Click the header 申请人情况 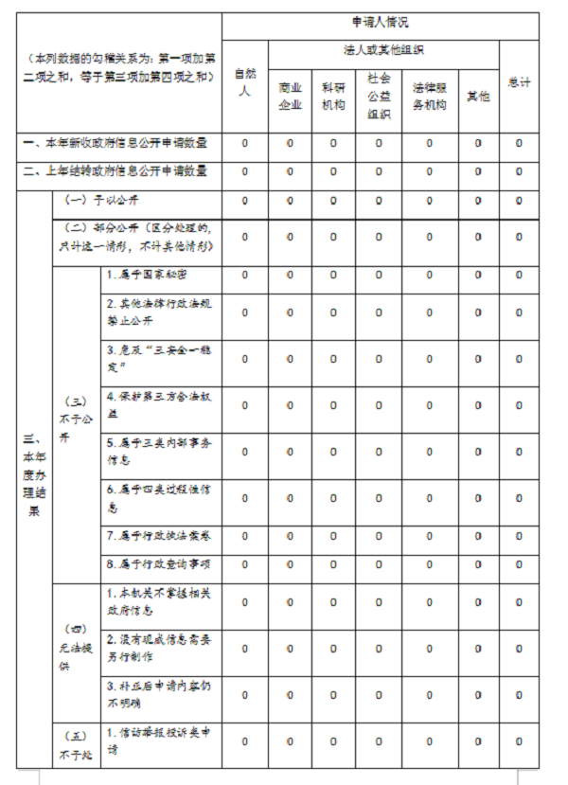[379, 22]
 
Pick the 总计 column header [519, 82]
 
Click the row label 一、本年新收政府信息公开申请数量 [115, 144]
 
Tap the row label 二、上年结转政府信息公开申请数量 [115, 171]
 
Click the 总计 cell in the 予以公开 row [519, 201]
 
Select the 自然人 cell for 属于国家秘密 [244, 275]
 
